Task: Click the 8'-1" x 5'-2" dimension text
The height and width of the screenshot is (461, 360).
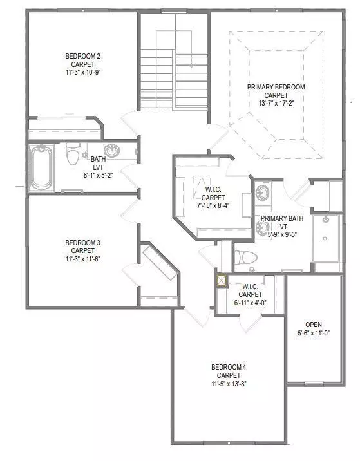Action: tap(99, 174)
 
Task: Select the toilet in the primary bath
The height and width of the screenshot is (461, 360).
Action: tap(246, 257)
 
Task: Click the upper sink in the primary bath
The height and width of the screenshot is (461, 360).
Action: tap(263, 193)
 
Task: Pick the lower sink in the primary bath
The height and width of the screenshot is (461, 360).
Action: tap(263, 227)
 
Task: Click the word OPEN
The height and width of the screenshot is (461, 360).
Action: tap(314, 325)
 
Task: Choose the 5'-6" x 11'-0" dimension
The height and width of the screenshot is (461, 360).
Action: tap(314, 333)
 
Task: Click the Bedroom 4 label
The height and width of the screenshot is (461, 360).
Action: tap(229, 368)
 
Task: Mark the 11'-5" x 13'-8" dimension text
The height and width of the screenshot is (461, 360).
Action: tap(229, 384)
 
